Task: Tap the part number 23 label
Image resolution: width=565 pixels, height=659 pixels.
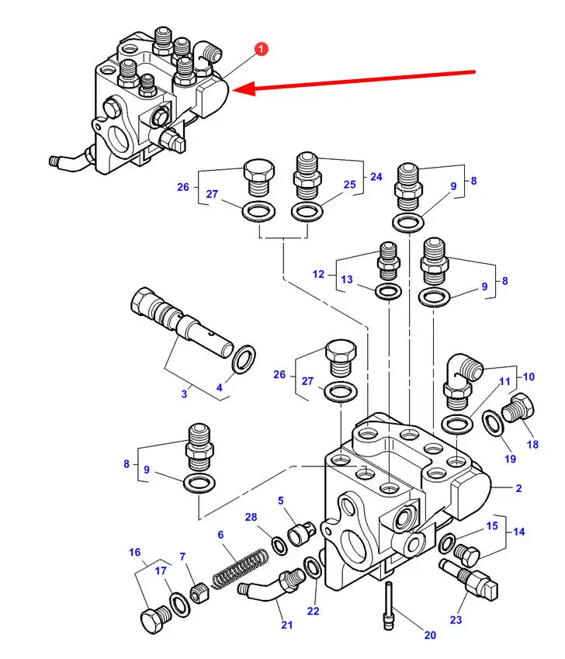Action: [x=456, y=619]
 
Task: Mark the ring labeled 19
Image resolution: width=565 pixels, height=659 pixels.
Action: [x=492, y=423]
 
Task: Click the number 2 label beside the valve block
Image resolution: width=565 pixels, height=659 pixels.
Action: [x=518, y=488]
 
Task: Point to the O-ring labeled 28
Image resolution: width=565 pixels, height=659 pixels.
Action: [x=276, y=544]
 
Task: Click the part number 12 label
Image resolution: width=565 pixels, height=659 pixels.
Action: [x=318, y=273]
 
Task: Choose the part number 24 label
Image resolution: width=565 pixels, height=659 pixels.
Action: [x=376, y=177]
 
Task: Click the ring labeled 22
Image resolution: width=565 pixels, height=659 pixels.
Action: [x=310, y=568]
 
